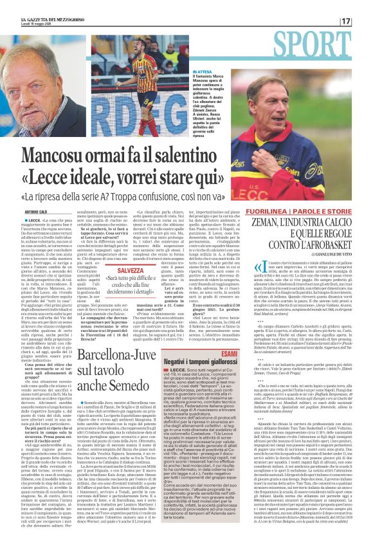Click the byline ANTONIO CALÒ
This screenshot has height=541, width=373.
[x=39, y=212]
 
